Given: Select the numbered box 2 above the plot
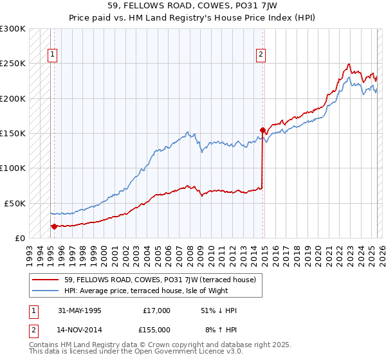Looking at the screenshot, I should pyautogui.click(x=261, y=55).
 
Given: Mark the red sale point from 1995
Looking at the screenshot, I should pyautogui.click(x=54, y=226).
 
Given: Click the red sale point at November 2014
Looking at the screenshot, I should pyautogui.click(x=262, y=130).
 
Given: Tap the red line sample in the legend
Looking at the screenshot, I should pyautogui.click(x=47, y=280).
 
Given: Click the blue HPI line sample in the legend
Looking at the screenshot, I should pyautogui.click(x=47, y=290).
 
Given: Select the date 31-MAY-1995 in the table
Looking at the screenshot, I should pyautogui.click(x=80, y=310).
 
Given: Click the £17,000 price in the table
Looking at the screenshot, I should pyautogui.click(x=157, y=310).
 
